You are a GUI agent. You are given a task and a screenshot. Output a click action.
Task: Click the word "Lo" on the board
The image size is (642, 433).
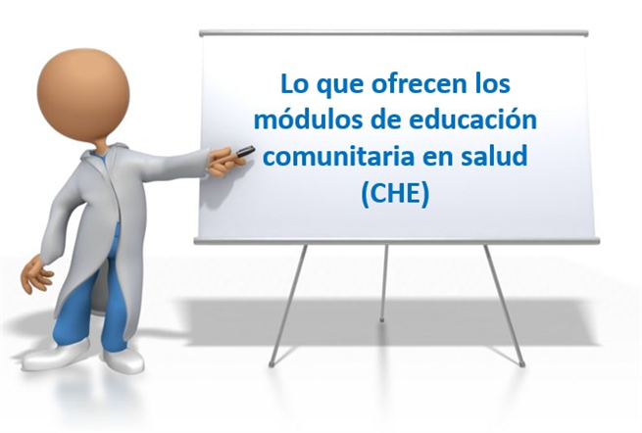pos(295,83)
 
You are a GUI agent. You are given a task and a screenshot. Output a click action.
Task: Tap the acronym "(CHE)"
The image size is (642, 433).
pos(396,194)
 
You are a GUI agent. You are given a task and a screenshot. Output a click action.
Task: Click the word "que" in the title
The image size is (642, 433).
pos(340,85)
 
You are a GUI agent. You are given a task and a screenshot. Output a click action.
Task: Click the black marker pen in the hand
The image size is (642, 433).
pos(246,151)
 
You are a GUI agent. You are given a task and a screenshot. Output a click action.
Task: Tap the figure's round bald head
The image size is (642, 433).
pos(83,95)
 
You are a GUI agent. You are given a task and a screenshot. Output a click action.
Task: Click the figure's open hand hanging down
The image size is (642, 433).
pos(36,274)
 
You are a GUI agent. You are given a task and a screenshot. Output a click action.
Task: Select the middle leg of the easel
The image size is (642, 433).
pos(383,282)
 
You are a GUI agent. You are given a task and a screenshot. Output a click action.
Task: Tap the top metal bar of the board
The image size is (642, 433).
pos(394,33)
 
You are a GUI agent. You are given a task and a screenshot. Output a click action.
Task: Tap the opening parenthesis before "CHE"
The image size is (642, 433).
pos(366,194)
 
